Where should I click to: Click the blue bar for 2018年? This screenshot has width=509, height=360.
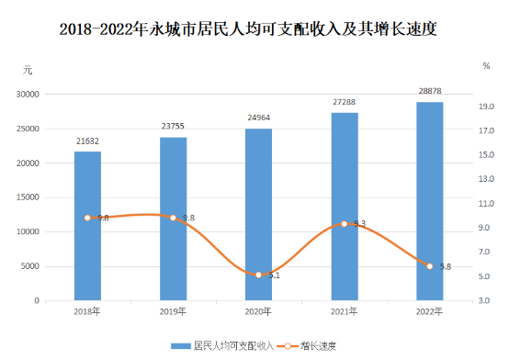(x=87, y=226)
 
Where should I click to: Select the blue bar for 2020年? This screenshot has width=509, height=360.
(x=259, y=215)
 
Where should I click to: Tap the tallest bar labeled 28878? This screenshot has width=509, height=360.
(x=430, y=201)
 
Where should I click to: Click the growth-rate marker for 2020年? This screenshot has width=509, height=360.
(x=259, y=275)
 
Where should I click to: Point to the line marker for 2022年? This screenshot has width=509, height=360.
(x=430, y=266)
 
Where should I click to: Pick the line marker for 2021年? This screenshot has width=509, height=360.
(x=345, y=224)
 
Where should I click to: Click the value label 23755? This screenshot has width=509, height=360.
(x=173, y=126)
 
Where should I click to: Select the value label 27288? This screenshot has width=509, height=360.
(x=345, y=102)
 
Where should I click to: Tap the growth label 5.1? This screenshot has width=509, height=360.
(x=275, y=276)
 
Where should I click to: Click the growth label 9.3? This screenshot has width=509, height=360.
(x=359, y=224)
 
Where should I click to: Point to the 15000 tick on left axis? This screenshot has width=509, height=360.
(x=28, y=197)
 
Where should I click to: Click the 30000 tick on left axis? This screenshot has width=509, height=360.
(x=28, y=95)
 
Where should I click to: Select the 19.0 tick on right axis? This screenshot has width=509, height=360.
(x=486, y=107)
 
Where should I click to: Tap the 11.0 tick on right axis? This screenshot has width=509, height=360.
(x=486, y=204)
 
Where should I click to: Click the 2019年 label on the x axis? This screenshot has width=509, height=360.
(x=173, y=311)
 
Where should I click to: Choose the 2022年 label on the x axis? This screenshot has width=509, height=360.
(x=429, y=311)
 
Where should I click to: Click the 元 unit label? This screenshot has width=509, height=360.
(x=28, y=70)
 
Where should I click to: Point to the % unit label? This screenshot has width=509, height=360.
(x=486, y=66)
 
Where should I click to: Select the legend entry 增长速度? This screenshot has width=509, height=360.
(x=307, y=346)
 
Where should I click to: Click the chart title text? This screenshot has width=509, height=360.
(x=248, y=29)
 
